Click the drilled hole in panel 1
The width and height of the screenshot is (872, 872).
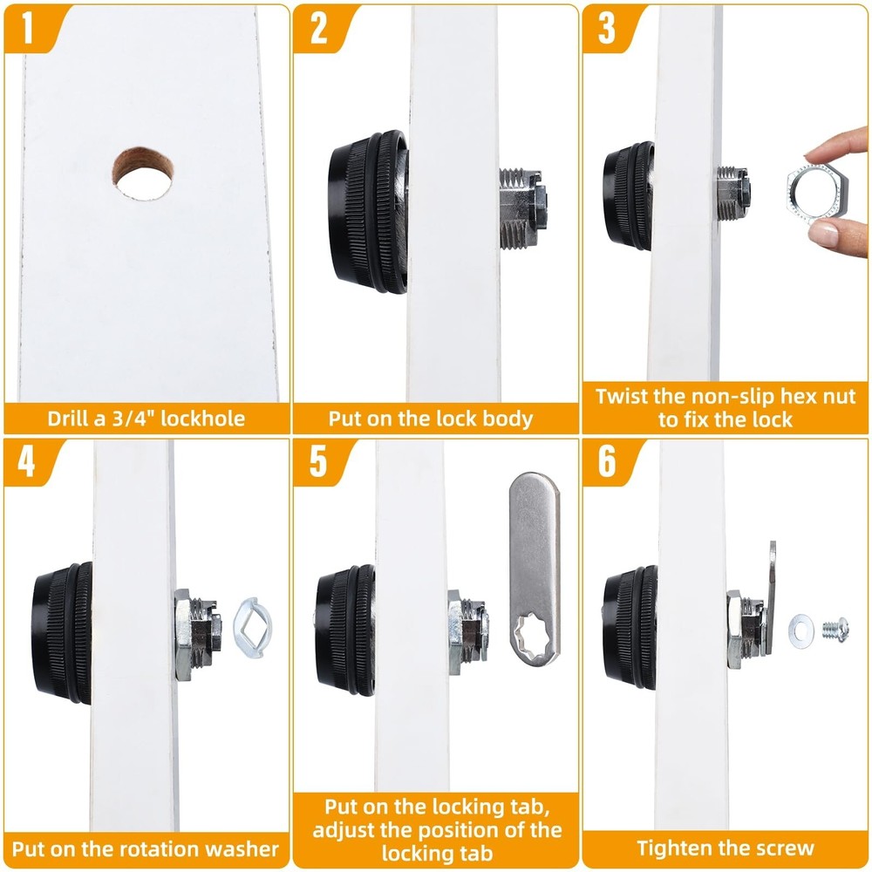142,170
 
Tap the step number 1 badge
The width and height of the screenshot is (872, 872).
28,29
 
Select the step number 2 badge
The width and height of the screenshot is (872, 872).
318,29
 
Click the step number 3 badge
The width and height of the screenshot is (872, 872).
607,29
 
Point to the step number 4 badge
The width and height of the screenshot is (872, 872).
28,461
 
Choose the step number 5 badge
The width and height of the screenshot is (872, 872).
318,461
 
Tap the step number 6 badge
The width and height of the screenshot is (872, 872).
607,461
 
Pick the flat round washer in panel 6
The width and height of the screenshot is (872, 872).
801,630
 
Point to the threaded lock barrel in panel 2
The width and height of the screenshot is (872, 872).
523,208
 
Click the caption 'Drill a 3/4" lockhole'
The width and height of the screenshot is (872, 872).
146,419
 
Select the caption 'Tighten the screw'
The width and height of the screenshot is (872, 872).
725,848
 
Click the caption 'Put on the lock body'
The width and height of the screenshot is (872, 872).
431,419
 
